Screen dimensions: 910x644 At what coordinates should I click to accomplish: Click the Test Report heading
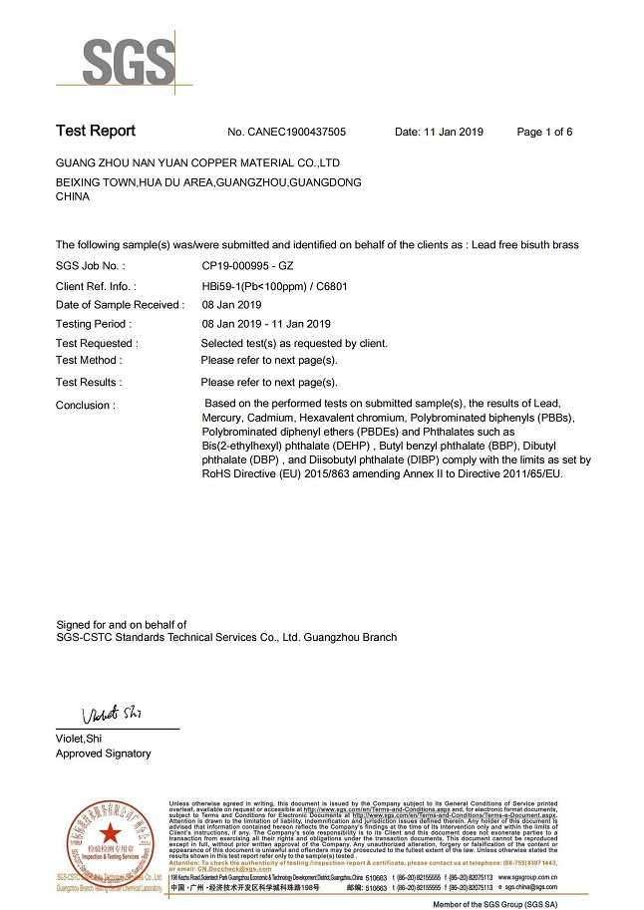[x=95, y=132]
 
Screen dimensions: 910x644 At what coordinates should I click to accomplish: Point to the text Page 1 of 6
[x=558, y=132]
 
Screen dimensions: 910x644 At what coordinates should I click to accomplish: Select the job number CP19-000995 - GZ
[x=247, y=266]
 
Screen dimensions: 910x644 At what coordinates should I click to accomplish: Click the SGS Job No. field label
[x=91, y=266]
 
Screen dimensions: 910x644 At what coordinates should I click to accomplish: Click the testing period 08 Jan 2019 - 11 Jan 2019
[x=266, y=324]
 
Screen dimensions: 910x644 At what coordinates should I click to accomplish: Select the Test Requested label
[x=97, y=344]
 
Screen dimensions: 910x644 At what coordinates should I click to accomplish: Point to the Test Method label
[x=88, y=360]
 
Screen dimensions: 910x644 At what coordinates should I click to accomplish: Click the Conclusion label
[x=85, y=406]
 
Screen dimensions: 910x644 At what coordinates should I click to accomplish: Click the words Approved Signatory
[x=104, y=754]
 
